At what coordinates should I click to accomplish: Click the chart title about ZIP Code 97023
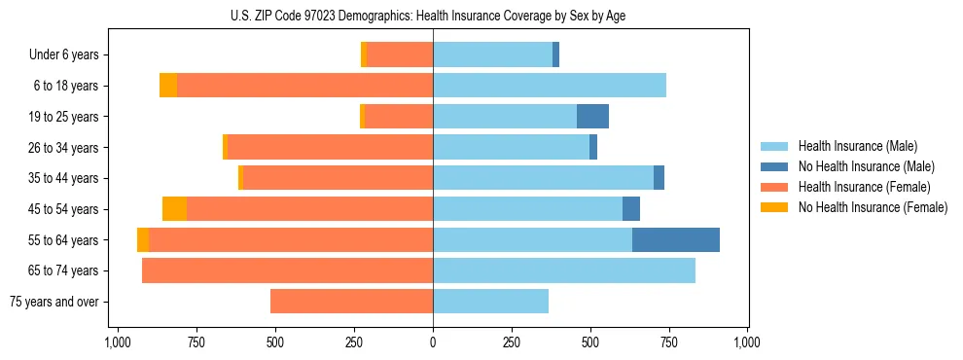[433, 16]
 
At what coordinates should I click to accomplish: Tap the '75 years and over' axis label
[53, 302]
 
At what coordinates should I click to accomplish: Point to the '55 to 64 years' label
[63, 240]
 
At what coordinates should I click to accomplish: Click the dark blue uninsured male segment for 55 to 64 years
[676, 239]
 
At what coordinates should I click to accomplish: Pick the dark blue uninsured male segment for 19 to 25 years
[592, 117]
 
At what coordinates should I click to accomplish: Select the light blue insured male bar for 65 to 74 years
[564, 270]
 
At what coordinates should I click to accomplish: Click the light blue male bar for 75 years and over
[491, 302]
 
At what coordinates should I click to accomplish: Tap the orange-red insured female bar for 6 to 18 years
[304, 86]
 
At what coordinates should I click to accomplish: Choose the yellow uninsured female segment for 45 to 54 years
[174, 208]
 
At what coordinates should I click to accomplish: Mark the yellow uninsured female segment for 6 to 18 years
[168, 86]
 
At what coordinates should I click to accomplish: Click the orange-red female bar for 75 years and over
[351, 302]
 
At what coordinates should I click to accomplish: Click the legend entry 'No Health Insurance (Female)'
[873, 207]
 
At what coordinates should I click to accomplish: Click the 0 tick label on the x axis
[433, 343]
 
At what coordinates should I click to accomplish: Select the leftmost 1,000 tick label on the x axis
[118, 343]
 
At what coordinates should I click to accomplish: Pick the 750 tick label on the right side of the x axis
[669, 343]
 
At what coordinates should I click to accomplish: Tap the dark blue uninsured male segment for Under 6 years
[555, 55]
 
